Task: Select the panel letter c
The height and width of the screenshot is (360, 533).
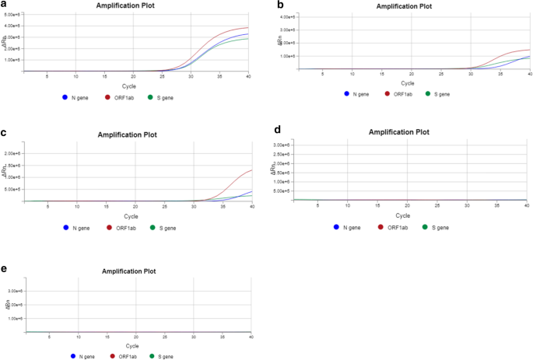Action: (x=5, y=134)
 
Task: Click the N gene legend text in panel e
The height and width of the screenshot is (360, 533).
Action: (x=86, y=356)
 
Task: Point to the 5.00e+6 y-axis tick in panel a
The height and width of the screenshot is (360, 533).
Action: (x=12, y=15)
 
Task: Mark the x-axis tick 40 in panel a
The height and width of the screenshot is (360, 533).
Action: (x=248, y=75)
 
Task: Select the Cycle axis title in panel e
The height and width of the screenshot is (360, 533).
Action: (x=131, y=345)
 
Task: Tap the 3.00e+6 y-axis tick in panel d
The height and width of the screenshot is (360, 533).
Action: (x=282, y=145)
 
